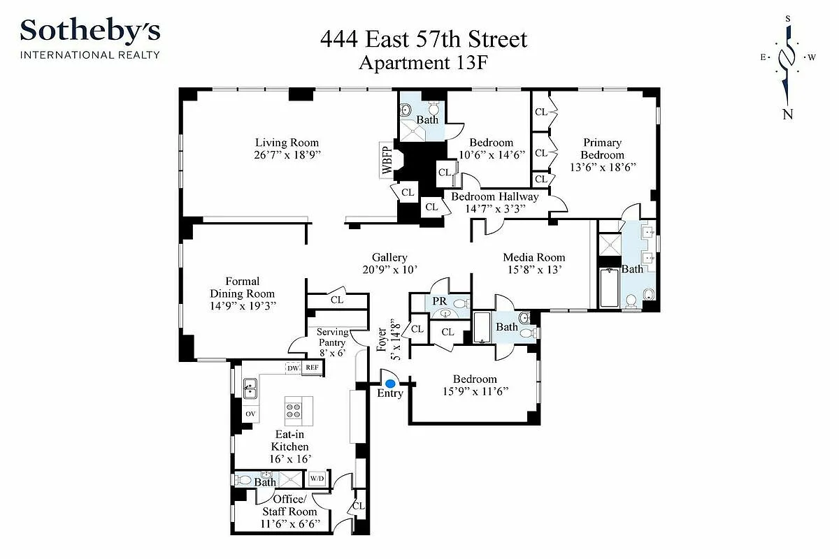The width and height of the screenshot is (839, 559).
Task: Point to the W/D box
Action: [x=317, y=479]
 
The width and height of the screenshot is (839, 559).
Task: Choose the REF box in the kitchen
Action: [x=312, y=368]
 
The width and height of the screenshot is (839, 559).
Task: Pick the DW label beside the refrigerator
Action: [x=293, y=368]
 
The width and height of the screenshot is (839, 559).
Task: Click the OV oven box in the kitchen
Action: [x=250, y=414]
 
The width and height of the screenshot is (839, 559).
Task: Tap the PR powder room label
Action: [x=440, y=301]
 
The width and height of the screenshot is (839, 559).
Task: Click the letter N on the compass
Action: [x=788, y=115]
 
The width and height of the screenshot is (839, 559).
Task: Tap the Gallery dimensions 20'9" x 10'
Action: [x=389, y=270]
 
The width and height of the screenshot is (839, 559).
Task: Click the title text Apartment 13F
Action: [x=423, y=63]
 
